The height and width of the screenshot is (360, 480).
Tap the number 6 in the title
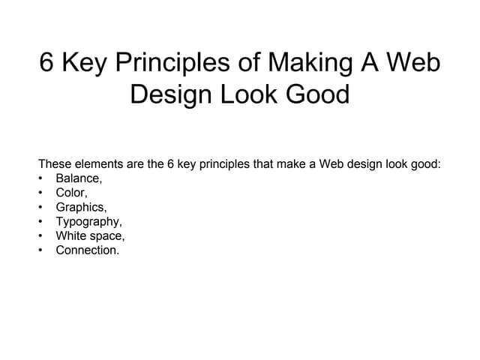(47, 63)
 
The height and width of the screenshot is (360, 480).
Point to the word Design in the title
(167, 95)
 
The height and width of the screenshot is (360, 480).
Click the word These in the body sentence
(55, 164)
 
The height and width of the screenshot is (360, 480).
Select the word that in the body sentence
(268, 164)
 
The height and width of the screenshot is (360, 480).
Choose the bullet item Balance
(78, 178)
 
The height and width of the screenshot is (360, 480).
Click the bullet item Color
(71, 193)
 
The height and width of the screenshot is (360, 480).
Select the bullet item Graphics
(81, 207)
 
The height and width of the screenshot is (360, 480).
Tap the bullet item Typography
(88, 222)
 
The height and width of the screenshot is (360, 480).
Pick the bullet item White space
(90, 236)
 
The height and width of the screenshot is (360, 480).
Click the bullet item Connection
(87, 250)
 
